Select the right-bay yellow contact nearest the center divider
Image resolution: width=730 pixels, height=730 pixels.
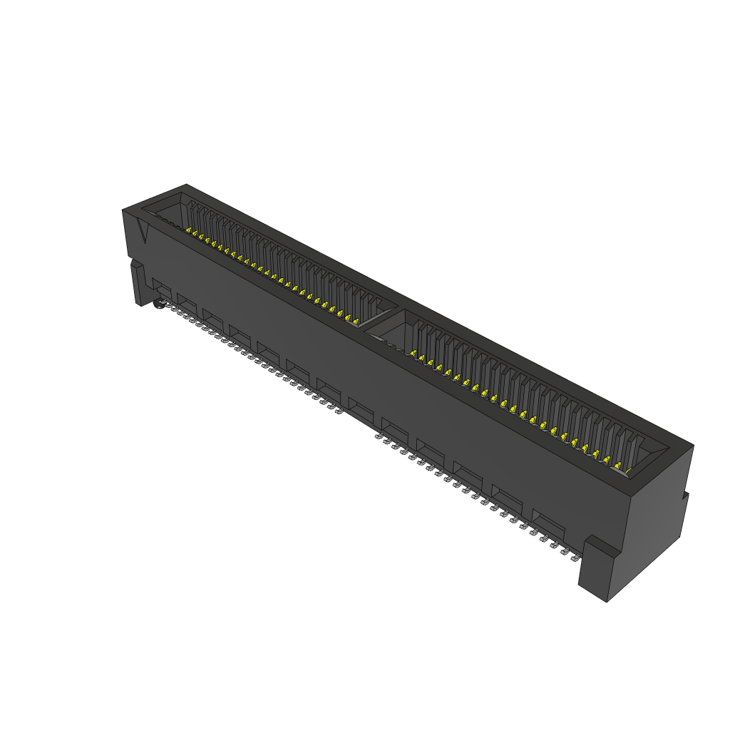413,353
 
